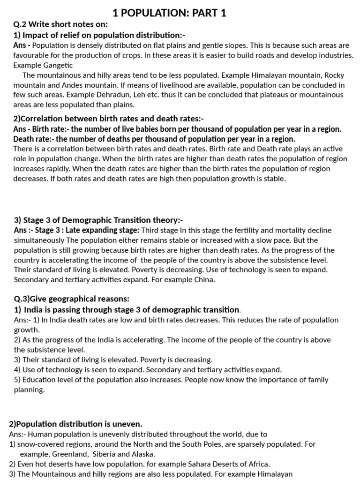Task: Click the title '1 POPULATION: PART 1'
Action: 170,13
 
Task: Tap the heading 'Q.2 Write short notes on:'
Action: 60,25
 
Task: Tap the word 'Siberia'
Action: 106,454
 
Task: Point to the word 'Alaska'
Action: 142,454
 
